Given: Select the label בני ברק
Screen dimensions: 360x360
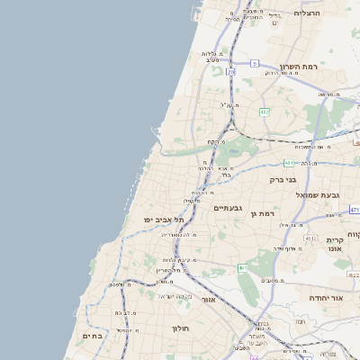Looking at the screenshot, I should (x=283, y=179).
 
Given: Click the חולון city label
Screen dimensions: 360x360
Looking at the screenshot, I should (x=183, y=328).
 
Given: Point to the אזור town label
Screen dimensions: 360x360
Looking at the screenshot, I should (x=209, y=298).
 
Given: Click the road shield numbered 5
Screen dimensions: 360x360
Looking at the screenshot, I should (x=255, y=63).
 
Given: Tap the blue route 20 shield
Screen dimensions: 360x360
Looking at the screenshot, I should (x=231, y=71).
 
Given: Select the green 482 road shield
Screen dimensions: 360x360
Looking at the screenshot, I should (x=265, y=112).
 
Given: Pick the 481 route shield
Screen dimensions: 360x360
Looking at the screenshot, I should (x=288, y=162).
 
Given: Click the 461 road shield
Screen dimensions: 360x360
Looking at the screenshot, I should (x=242, y=267).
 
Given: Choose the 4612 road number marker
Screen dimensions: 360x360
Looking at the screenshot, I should (x=309, y=238).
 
